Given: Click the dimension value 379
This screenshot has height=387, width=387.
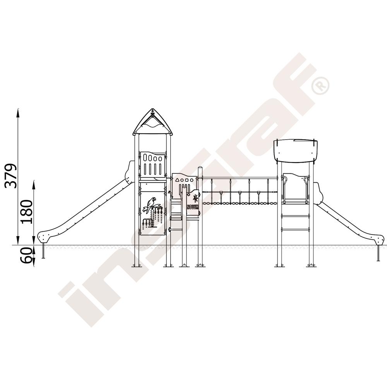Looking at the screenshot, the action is tap(11, 175).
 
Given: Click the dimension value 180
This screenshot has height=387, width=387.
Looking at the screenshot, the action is tap(27, 212).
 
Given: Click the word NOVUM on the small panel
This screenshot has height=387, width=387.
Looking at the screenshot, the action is tap(192, 207).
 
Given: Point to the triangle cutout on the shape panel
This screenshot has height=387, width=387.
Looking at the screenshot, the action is tap(177, 180).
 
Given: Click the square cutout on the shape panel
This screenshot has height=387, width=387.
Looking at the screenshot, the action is tap(187, 180).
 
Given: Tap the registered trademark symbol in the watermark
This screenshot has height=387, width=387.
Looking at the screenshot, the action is tap(320, 86).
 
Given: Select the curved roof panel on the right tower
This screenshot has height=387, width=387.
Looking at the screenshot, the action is tap(296, 151).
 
